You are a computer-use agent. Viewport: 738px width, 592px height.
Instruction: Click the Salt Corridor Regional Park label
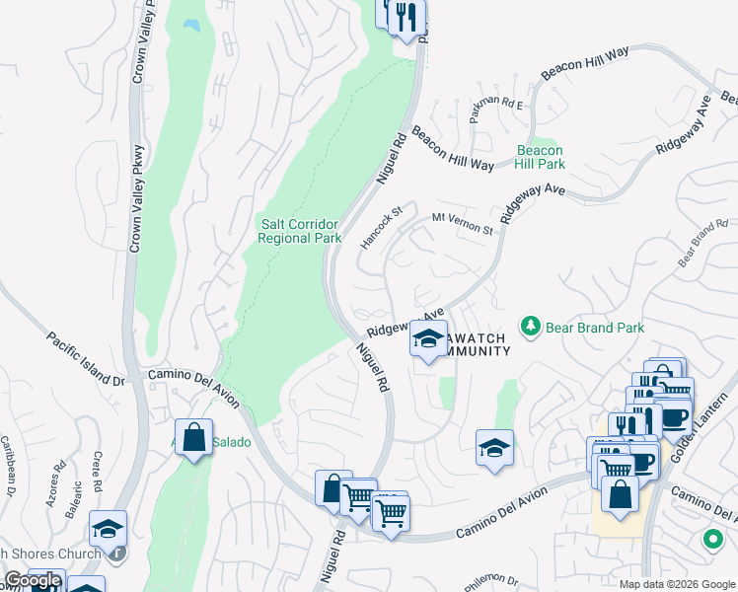tap(300, 230)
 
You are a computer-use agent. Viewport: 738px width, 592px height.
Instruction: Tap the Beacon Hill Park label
tap(541, 157)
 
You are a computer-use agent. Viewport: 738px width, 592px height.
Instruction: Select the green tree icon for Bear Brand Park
tap(531, 327)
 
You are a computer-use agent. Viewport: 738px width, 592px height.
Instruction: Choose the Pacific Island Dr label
tap(88, 358)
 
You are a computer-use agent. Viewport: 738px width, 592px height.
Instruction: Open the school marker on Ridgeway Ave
tap(427, 339)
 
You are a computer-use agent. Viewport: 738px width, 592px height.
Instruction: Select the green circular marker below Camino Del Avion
tap(710, 540)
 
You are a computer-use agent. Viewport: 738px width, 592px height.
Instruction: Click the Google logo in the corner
tap(33, 581)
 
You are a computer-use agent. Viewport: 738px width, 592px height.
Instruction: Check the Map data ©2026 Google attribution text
tap(677, 583)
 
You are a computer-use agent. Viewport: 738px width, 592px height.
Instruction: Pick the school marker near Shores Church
tap(109, 529)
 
